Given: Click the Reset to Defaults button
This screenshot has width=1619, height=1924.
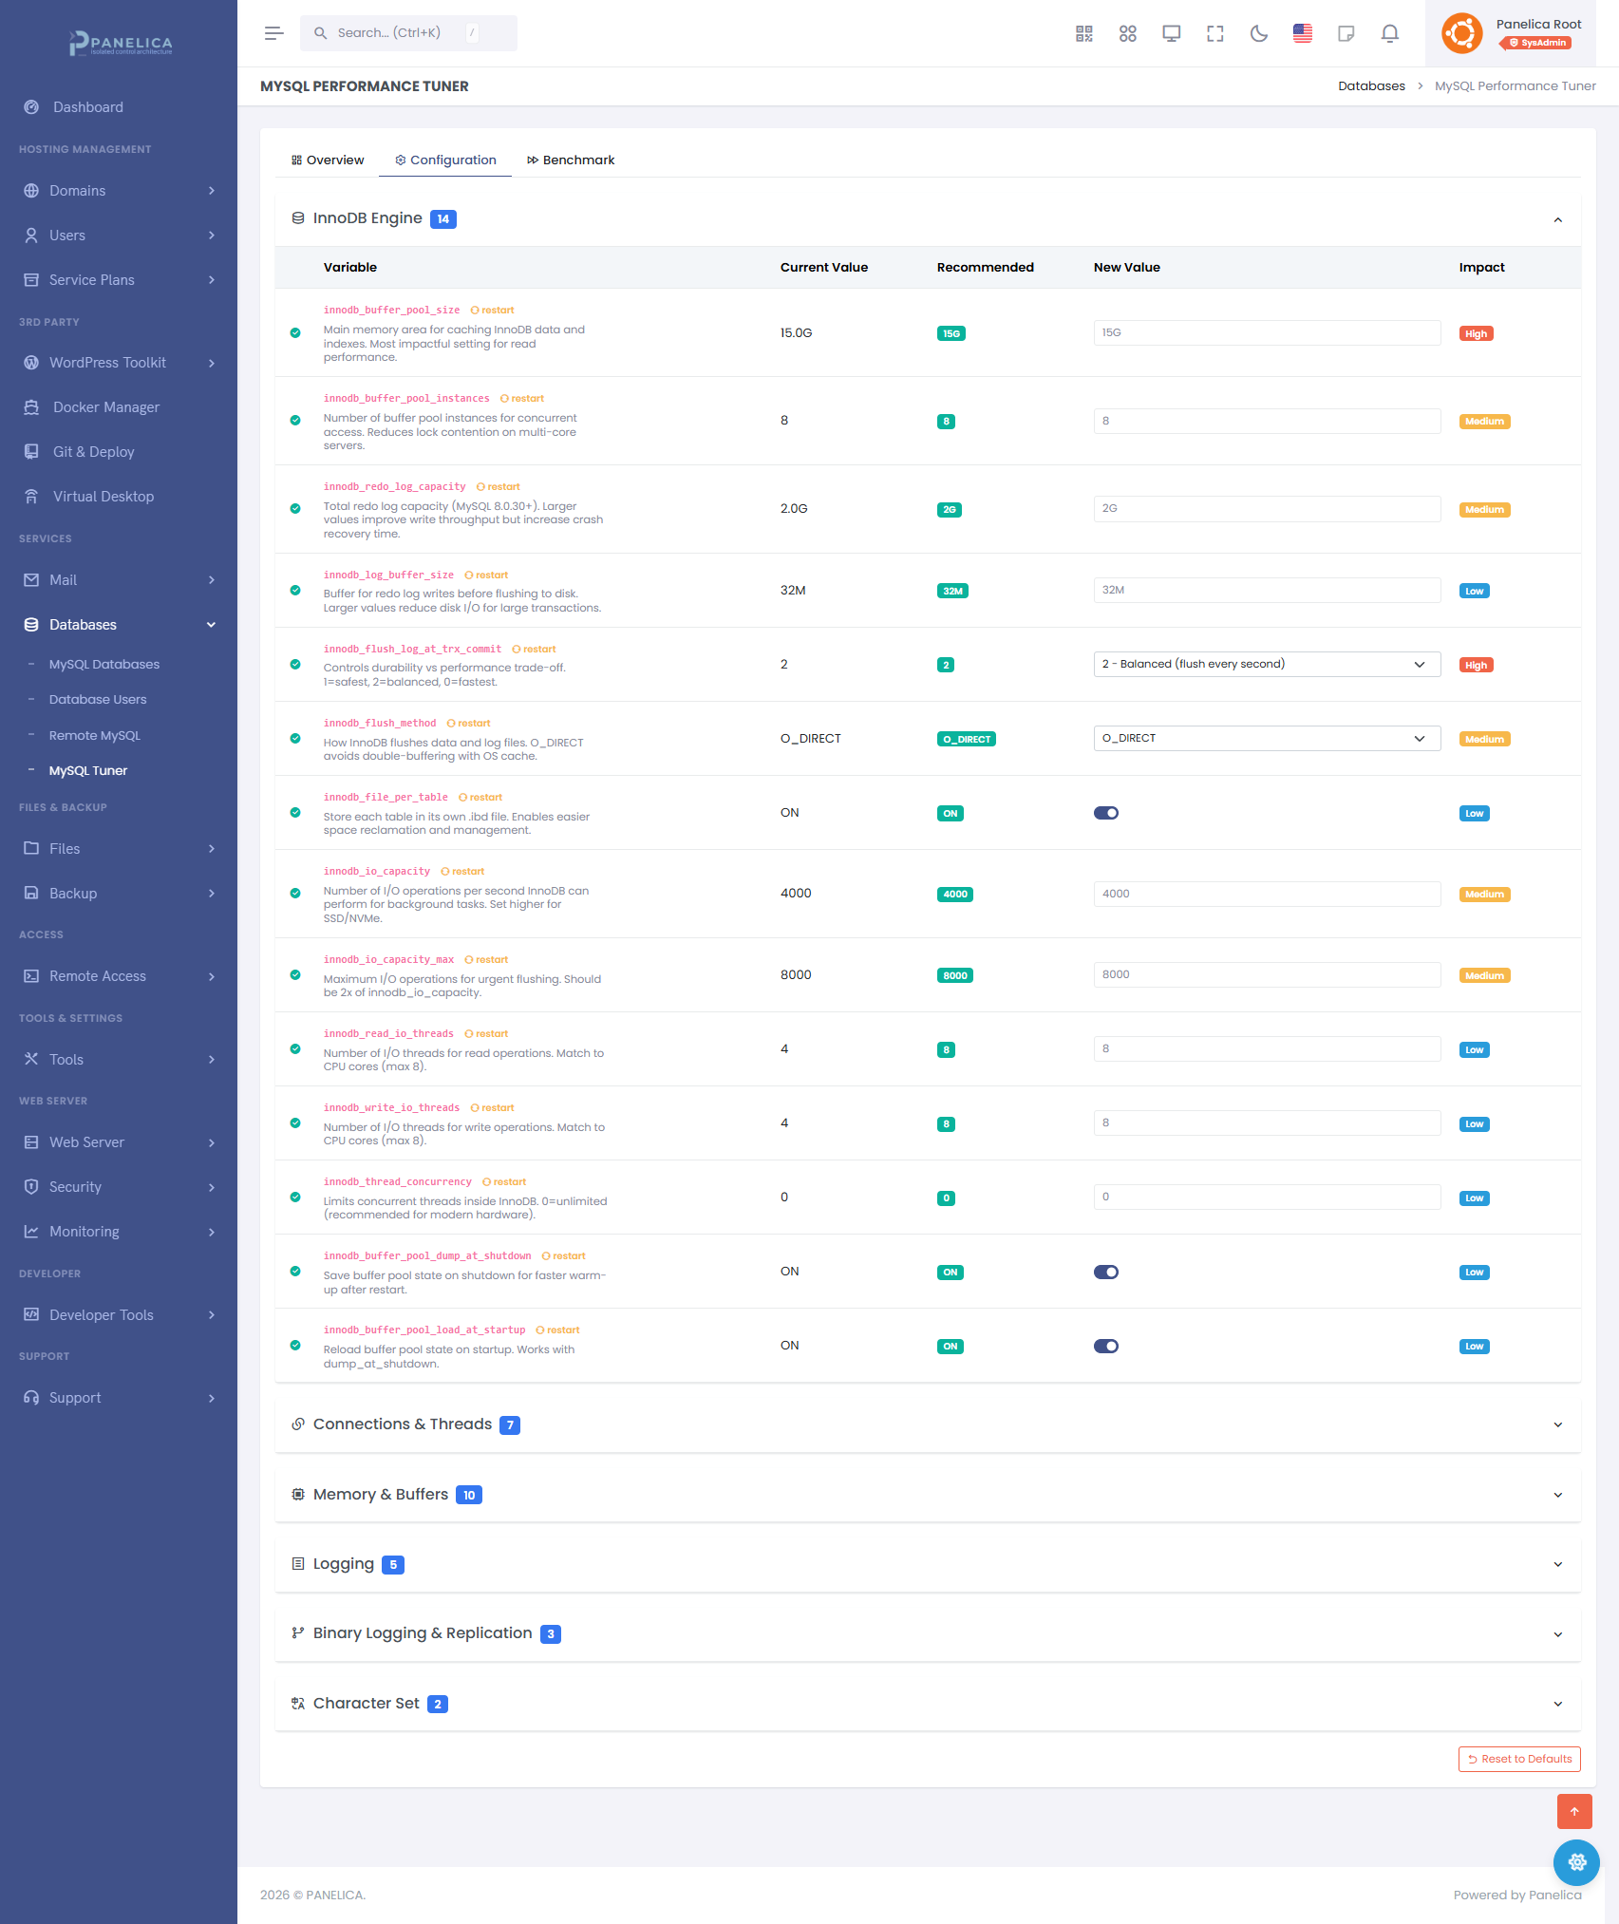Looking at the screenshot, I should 1519,1759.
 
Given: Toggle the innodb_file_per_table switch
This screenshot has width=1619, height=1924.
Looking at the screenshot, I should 1105,813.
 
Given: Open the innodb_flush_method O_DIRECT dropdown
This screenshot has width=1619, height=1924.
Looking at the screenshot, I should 1266,739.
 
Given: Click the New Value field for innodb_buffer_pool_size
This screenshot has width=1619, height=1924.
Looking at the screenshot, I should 1266,333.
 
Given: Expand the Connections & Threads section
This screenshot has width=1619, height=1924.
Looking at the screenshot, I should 403,1424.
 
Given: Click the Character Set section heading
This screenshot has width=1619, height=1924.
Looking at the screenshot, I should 367,1704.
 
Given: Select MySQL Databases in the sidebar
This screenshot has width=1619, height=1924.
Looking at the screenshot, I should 104,665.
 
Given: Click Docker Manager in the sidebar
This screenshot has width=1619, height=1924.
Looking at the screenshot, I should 106,407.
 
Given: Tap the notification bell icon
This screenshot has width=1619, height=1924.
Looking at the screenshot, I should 1389,34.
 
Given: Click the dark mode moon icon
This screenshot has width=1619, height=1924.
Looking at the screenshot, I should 1258,34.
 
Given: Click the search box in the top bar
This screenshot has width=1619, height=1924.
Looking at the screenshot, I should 408,33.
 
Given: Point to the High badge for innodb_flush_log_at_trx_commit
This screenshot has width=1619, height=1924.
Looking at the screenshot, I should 1476,666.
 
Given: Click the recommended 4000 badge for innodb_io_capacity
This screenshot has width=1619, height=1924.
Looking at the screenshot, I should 954,895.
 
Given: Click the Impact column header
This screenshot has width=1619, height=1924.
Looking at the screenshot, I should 1481,268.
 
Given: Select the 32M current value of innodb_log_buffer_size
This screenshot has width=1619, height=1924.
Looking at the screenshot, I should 793,591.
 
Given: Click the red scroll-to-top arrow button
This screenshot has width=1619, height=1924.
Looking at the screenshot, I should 1573,1811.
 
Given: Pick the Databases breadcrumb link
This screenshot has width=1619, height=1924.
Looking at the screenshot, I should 1371,86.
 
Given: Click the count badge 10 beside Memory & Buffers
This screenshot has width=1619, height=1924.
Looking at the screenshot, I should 469,1496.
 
